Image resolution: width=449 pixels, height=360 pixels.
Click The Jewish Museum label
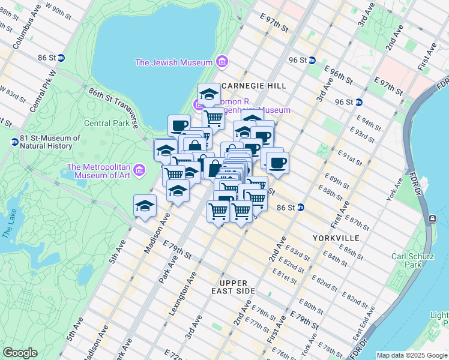coord(174,62)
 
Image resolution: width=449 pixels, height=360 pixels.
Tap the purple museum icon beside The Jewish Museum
coord(222,62)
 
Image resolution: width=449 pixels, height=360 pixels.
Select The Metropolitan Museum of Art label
coord(99,171)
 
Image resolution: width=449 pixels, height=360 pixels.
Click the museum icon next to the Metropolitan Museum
coord(140,170)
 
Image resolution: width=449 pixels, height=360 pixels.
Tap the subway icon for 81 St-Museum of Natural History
coord(14,142)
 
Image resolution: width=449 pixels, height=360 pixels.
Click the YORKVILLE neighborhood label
coord(336,238)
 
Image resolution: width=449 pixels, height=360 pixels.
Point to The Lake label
coord(8,221)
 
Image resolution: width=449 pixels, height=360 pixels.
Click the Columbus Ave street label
coord(26,34)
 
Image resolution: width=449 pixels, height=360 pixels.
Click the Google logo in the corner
coord(20,353)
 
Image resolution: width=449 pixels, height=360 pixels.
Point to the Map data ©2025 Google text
coord(412,355)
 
